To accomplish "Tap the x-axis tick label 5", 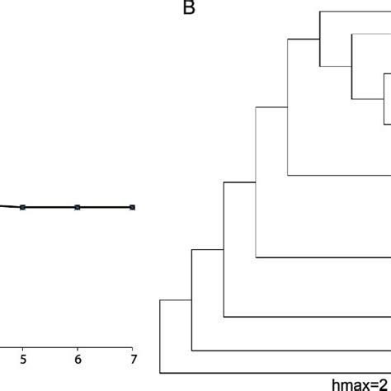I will point(23,359).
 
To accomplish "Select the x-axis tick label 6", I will point(78,359).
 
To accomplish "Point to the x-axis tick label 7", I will point(132,359).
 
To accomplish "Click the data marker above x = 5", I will point(23,207).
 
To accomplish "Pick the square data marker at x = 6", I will point(78,207).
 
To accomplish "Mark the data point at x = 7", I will point(132,207).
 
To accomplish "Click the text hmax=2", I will point(360,384).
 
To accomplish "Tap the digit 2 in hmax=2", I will point(385,384).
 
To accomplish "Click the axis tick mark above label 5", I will point(23,346).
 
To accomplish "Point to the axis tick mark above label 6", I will point(78,346).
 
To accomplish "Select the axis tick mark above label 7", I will point(132,346).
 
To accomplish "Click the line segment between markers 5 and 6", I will point(50,207).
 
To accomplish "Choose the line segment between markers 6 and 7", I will point(105,207).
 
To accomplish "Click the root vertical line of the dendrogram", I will point(160,338).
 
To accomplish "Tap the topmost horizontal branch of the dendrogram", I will point(355,11).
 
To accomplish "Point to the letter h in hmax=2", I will point(336,384).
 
